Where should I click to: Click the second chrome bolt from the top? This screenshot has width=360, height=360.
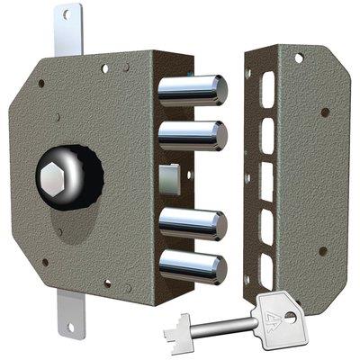[190, 136]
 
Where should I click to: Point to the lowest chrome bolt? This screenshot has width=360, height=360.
[190, 266]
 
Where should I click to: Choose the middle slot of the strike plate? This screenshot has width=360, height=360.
[266, 175]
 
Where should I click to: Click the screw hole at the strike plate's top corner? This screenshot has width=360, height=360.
[299, 59]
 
